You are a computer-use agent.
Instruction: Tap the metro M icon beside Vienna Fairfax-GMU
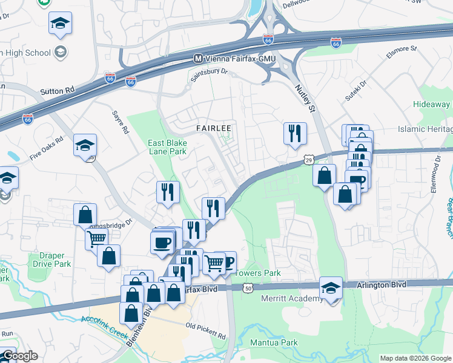click(197, 58)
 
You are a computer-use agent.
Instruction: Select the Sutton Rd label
click(57, 90)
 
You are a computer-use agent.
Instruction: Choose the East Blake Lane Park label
click(167, 147)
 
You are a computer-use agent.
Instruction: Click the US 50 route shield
click(248, 289)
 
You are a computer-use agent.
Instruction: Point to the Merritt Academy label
click(292, 299)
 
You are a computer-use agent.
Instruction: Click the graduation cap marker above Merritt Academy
click(331, 287)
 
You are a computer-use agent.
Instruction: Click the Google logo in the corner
click(19, 356)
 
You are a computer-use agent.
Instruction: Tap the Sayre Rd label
click(121, 122)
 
